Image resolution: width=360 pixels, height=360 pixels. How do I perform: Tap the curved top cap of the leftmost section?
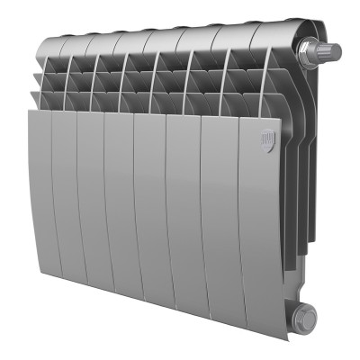[57, 45]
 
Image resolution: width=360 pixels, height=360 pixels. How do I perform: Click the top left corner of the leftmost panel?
[31, 112]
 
